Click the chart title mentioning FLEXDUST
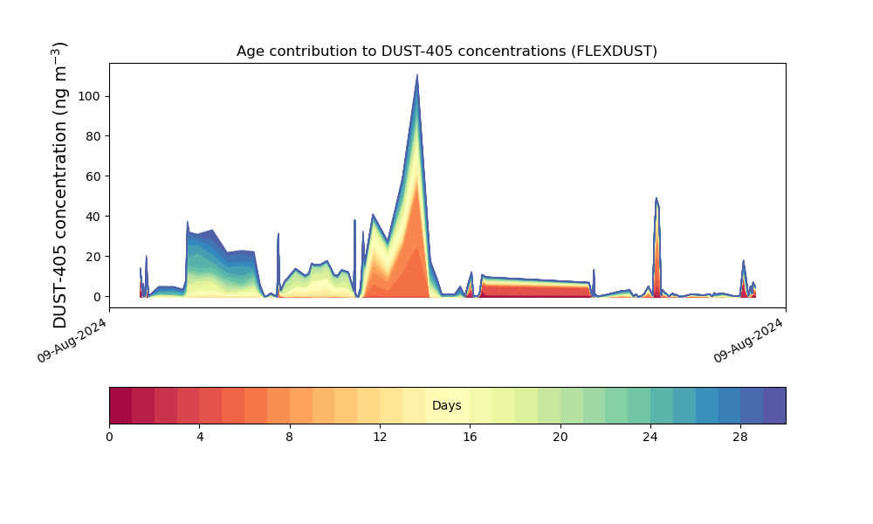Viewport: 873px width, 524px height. coord(446,52)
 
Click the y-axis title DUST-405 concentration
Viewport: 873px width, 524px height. coord(60,185)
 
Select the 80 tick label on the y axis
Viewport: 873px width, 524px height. coord(95,136)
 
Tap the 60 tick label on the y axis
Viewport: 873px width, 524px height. coord(95,176)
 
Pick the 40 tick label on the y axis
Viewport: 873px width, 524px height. coord(95,217)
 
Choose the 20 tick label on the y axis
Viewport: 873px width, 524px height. coord(95,257)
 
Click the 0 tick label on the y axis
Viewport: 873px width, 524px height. coord(99,297)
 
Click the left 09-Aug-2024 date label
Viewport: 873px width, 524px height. coord(72,341)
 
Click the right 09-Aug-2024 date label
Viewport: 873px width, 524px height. coord(748,341)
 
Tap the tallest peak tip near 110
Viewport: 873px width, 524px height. coord(417,75)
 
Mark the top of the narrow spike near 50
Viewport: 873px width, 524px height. coord(656,198)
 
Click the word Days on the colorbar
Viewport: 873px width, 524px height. coord(446,406)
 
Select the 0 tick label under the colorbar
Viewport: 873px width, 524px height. coord(109,437)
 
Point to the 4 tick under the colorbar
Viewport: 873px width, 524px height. coord(199,437)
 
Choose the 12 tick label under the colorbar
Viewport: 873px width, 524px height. coord(380,437)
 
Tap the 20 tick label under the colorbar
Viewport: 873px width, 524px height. coord(560,437)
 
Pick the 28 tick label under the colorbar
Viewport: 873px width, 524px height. coord(740,437)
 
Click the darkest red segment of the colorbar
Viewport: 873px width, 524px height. coord(120,405)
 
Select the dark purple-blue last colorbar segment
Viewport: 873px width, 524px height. coord(774,405)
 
